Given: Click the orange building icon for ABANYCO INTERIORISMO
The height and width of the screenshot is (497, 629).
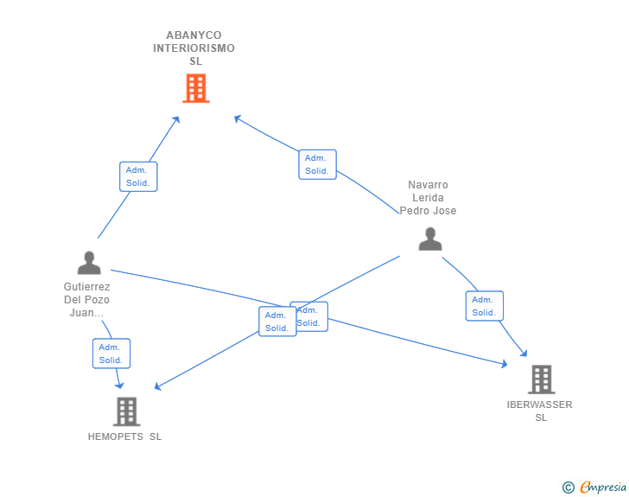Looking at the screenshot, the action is pos(196,88).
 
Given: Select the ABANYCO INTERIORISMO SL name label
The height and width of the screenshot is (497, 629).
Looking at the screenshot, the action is pos(194,48).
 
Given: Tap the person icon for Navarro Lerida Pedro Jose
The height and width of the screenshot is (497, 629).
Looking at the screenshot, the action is pos(430,239).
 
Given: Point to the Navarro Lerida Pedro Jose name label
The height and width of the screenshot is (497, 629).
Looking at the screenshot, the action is pos(428,198).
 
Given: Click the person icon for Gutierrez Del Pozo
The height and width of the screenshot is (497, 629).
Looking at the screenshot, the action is pos(89,263).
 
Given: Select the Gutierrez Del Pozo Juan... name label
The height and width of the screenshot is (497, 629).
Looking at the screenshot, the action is pos(86,299).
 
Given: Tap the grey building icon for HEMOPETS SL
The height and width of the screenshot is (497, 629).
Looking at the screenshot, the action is pos(126,411).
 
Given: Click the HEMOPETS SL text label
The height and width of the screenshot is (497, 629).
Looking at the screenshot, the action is pos(124,436).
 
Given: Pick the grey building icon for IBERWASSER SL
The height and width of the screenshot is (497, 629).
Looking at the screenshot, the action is pos(541,379).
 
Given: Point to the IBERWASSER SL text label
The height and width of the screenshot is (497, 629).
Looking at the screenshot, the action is pos(539,411).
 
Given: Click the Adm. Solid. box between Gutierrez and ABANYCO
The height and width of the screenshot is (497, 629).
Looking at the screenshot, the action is pos(138,176).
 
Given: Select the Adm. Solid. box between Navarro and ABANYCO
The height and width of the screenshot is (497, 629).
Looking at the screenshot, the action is pos(317,164).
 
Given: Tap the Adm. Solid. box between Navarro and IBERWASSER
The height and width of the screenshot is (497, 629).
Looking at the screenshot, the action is pos(485,306).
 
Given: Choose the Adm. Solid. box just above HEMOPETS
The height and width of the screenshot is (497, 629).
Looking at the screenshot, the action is pos(111,354).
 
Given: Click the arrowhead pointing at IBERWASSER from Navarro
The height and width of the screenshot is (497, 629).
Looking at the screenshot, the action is pos(524,354).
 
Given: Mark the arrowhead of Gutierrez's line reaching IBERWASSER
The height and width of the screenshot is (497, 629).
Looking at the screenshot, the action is pos(505,364).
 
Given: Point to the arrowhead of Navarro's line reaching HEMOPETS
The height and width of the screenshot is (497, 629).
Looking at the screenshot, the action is pos(157,386).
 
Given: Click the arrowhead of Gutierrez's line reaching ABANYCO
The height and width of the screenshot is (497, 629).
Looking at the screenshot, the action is pos(176,119).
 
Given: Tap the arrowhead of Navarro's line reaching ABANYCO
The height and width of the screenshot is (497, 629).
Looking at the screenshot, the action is pos(238,118).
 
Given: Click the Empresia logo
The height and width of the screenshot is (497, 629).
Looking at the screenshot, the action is pos(594,487).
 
